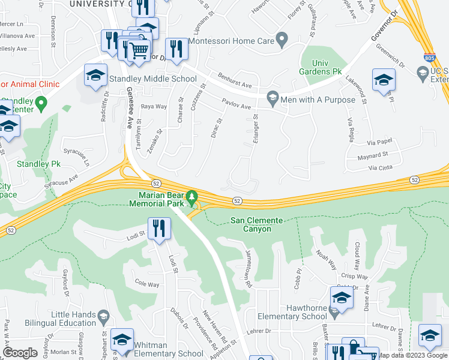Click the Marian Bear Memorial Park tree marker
[x=191, y=196]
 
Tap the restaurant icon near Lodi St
[x=159, y=228]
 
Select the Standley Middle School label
[x=152, y=79]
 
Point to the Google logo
[x=20, y=353]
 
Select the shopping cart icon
[x=139, y=50]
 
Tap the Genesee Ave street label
[x=130, y=107]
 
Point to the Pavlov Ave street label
[x=236, y=104]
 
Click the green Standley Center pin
[x=41, y=103]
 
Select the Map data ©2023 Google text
[x=412, y=355]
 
